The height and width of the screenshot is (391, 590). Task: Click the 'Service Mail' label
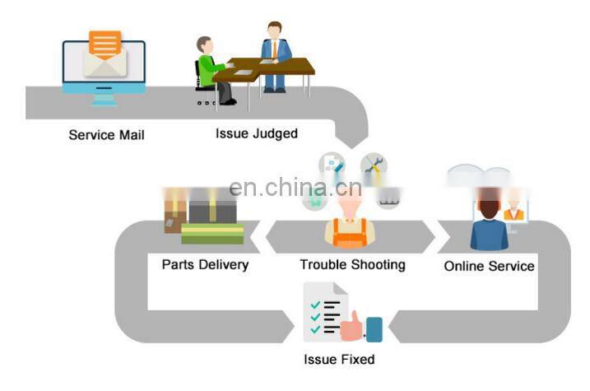pyautogui.click(x=106, y=134)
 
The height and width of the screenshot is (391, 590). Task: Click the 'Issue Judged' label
pyautogui.click(x=256, y=133)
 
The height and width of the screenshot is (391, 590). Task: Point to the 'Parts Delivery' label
pyautogui.click(x=205, y=264)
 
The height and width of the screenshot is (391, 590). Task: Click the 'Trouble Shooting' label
pyautogui.click(x=352, y=264)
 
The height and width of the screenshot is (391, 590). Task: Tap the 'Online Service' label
pyautogui.click(x=489, y=266)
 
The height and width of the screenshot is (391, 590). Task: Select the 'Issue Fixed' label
pyautogui.click(x=338, y=359)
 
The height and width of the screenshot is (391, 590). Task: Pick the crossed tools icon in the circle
pyautogui.click(x=374, y=164)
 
